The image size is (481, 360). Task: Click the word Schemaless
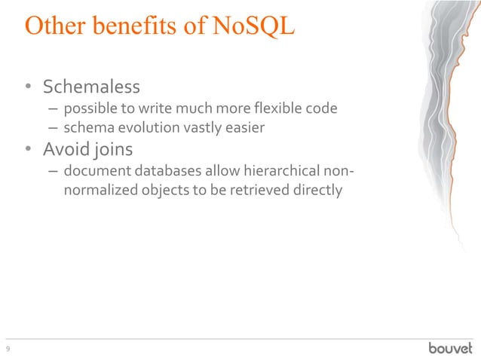click(93, 87)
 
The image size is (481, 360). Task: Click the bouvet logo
click(450, 348)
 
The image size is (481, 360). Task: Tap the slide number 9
click(8, 349)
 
